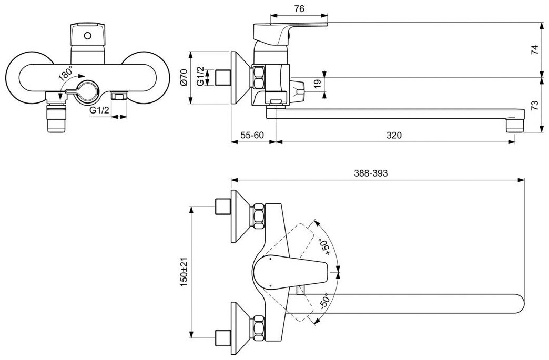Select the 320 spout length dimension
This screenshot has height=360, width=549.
click(394, 135)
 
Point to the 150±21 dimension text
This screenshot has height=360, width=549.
click(184, 273)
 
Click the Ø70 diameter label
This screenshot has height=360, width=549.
click(184, 77)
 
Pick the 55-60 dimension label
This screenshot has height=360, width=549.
click(252, 135)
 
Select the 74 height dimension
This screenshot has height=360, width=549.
click(534, 50)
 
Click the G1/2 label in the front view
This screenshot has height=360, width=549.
click(99, 110)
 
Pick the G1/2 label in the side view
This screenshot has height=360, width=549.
click(200, 77)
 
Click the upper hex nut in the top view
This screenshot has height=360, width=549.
click(258, 216)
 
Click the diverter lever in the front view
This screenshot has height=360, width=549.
click(76, 92)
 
